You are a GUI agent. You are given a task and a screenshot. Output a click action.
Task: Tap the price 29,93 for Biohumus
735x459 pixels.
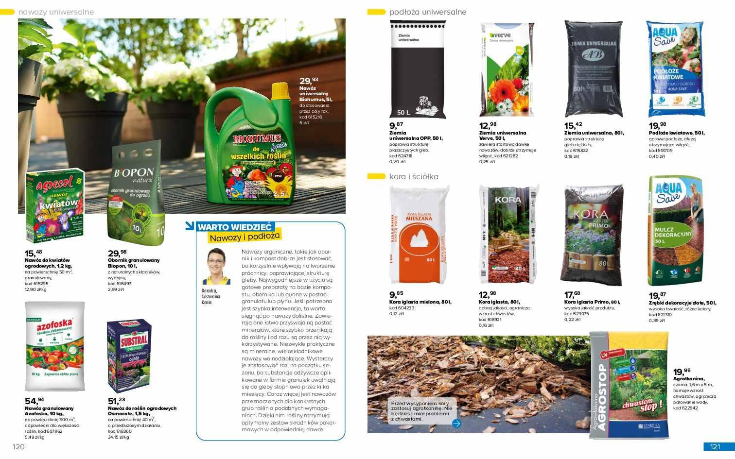pos(309,81)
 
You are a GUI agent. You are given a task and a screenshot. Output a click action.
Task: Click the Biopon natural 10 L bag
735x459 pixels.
pos(136,194)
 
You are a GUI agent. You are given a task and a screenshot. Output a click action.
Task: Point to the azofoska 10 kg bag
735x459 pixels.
pos(55,346)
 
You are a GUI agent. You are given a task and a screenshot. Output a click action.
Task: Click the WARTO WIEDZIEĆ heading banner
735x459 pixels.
pos(236,227)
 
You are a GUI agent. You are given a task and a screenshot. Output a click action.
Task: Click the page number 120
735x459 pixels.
pos(18,447)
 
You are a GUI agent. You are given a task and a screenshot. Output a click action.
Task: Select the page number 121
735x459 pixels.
pos(715,447)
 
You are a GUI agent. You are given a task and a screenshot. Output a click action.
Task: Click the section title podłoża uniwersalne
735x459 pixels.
pos(428,12)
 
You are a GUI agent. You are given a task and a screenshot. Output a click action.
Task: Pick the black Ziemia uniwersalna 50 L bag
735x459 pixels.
pos(418,70)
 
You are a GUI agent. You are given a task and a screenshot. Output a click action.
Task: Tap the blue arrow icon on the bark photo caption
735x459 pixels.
pos(456,423)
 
